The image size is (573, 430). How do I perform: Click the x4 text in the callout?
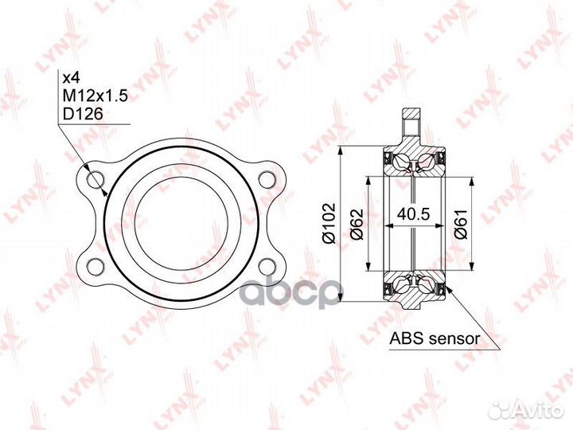click(72, 78)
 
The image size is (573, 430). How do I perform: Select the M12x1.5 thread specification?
click(95, 96)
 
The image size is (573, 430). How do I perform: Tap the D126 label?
click(83, 115)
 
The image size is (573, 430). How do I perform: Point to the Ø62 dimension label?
click(357, 224)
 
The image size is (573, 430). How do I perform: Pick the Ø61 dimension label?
click(460, 224)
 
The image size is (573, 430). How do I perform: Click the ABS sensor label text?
click(435, 338)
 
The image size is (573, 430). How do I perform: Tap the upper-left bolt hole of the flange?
click(96, 179)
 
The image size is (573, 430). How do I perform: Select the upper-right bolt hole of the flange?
click(267, 179)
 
